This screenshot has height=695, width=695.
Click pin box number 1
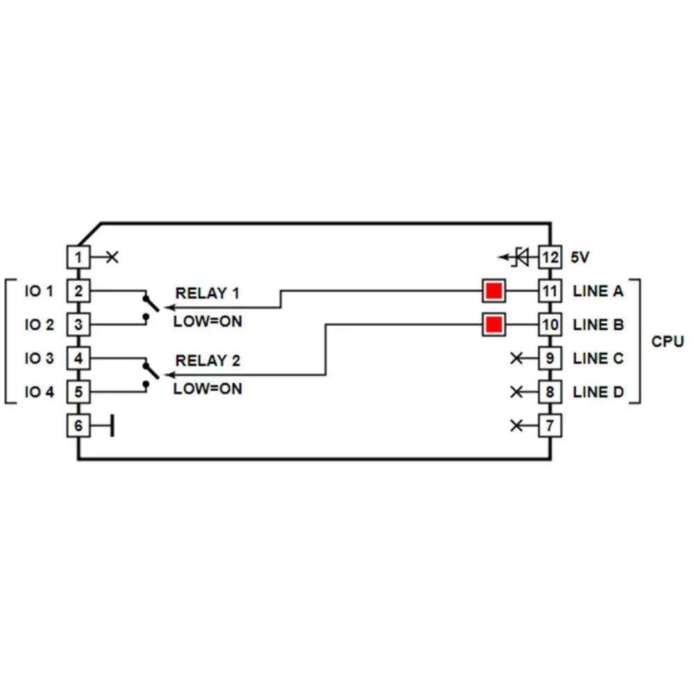coord(79,257)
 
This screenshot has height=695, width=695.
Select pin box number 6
coord(79,425)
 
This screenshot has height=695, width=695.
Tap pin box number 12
coord(550,257)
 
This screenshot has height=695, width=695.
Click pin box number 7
coord(550,425)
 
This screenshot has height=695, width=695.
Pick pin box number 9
coord(550,359)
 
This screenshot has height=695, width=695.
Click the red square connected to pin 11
coord(493,291)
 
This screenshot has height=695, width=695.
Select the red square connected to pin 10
coord(493,325)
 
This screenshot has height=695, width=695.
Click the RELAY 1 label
coord(207,293)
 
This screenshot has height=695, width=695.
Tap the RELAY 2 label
coord(207,361)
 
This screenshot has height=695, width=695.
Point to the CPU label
coord(667,341)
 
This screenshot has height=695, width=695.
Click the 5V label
coord(580,257)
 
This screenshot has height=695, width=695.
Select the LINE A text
coord(598,291)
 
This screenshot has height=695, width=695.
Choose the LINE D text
coord(598,392)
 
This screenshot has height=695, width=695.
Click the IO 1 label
coord(39,291)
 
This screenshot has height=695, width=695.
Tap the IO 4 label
coord(39,392)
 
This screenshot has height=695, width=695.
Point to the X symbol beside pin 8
coord(516,392)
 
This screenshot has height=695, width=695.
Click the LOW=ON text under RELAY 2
coord(207,389)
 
